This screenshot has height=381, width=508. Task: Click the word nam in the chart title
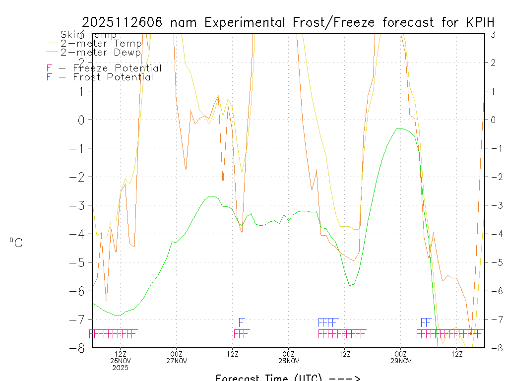click(x=186, y=22)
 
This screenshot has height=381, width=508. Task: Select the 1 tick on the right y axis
click(x=493, y=91)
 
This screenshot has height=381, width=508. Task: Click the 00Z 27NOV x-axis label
click(x=176, y=357)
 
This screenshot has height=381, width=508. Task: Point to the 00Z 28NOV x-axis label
click(x=288, y=357)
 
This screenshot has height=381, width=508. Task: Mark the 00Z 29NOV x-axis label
click(x=400, y=357)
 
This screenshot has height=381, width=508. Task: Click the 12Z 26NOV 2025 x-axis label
click(x=121, y=361)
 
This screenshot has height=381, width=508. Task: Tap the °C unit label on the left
click(x=15, y=243)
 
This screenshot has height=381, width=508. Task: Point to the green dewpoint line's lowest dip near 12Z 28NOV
click(x=350, y=285)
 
